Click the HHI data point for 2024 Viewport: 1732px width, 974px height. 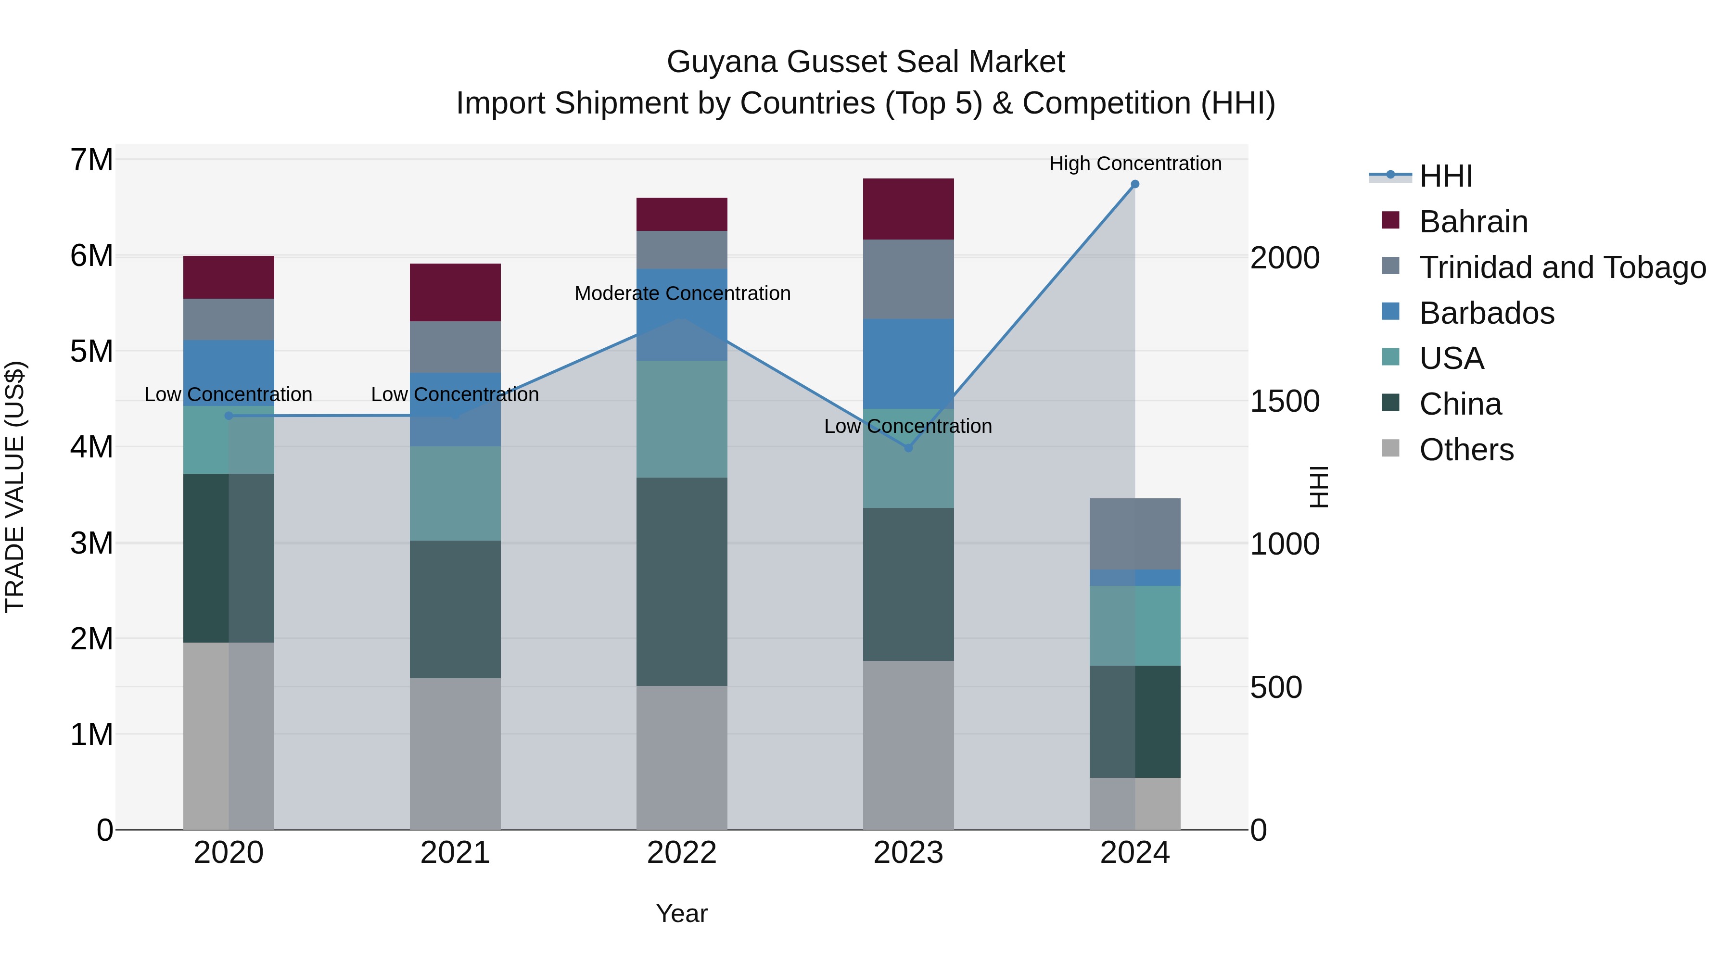pyautogui.click(x=1134, y=184)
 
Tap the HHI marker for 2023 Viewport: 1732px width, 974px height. pyautogui.click(x=908, y=448)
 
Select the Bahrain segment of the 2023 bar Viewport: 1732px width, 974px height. pyautogui.click(x=908, y=209)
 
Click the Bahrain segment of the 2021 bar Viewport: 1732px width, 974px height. pyautogui.click(x=455, y=292)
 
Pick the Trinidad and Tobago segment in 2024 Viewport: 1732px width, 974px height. pyautogui.click(x=1134, y=534)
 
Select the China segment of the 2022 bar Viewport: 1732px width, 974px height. pyautogui.click(x=681, y=582)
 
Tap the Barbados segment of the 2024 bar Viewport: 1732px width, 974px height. pyautogui.click(x=1134, y=577)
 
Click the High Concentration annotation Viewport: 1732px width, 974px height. pyautogui.click(x=1134, y=164)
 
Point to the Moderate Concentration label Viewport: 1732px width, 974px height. pyautogui.click(x=682, y=294)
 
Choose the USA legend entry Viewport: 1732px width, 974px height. pyautogui.click(x=1451, y=358)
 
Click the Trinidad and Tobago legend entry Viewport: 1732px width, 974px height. pyautogui.click(x=1562, y=267)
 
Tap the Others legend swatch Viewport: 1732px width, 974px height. pyautogui.click(x=1390, y=448)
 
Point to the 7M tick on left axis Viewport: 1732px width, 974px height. pyautogui.click(x=91, y=160)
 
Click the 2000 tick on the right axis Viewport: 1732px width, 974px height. pyautogui.click(x=1284, y=258)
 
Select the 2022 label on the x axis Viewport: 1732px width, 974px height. pyautogui.click(x=681, y=853)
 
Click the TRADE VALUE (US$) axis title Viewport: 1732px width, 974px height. pyautogui.click(x=15, y=487)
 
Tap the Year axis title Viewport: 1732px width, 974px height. pyautogui.click(x=681, y=913)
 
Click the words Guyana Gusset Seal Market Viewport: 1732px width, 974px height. pyautogui.click(x=866, y=62)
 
